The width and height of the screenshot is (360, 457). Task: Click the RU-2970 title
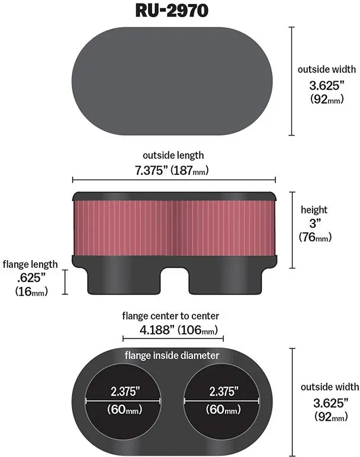tap(172, 11)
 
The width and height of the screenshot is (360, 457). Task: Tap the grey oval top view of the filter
tap(172, 81)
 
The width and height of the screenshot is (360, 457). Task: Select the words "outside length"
tap(173, 155)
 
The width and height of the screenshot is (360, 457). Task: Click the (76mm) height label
tap(315, 237)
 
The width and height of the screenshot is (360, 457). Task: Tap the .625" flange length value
tap(31, 278)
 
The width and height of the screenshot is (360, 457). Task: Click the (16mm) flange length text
tap(31, 291)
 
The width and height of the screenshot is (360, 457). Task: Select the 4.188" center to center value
tap(156, 330)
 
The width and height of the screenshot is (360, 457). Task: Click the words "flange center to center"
tap(171, 316)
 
